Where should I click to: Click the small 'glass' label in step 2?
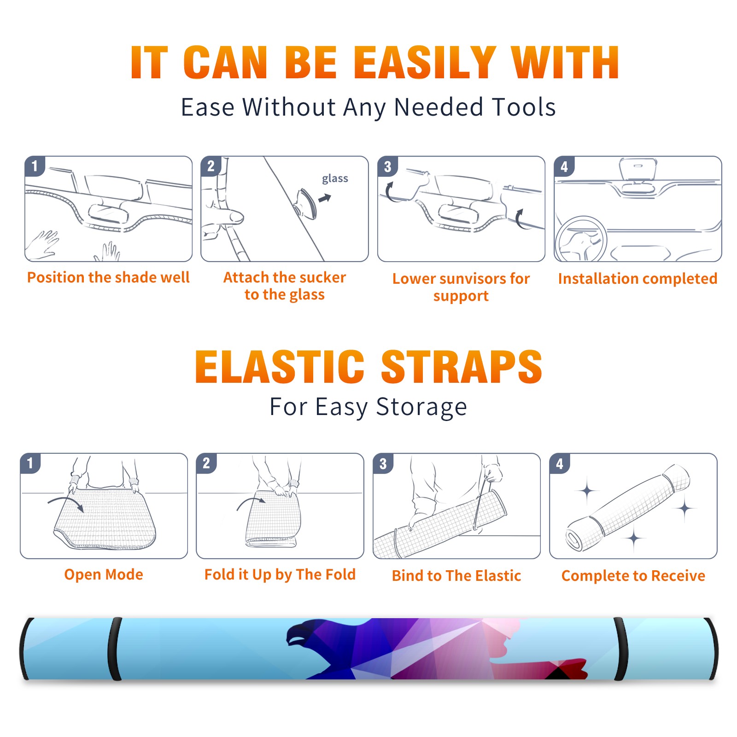coord(335,179)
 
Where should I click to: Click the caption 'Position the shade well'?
coord(108,277)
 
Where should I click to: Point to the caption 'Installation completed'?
coord(638,278)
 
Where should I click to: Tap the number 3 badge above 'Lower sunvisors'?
coord(387,166)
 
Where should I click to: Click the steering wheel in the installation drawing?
coord(580,240)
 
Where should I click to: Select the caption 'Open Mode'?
coord(104,574)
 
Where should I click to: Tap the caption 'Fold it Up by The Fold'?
coord(280,574)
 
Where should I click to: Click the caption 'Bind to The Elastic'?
coord(456,576)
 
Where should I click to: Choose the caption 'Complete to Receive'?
coord(633,576)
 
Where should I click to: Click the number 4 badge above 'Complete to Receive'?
coord(560,463)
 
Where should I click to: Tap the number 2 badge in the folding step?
coord(206,463)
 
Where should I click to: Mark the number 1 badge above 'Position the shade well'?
coord(35,166)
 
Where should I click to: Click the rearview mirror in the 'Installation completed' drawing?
coord(638,169)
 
